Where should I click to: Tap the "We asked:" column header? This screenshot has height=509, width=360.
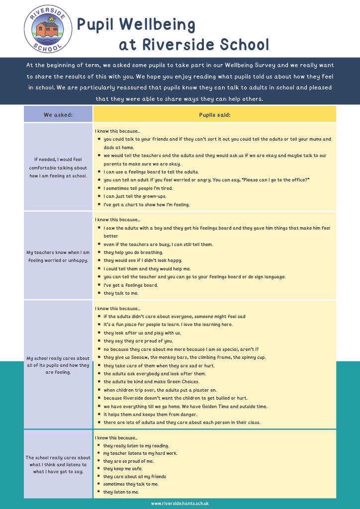(58, 115)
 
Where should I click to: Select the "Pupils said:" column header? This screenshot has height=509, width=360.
(214, 115)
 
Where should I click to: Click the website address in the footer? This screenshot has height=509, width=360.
(180, 503)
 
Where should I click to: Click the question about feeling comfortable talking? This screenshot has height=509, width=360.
(58, 168)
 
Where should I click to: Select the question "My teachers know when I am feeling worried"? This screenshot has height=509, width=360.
(58, 256)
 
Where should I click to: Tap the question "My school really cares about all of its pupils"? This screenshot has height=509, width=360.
(58, 365)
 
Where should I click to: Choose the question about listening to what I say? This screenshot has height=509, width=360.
(58, 464)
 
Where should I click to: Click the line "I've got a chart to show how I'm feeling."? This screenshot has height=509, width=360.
(147, 204)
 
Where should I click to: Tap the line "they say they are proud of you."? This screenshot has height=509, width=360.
(138, 341)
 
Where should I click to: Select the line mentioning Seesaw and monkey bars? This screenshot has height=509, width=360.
(184, 357)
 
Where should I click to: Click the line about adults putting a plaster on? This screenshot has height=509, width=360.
(167, 390)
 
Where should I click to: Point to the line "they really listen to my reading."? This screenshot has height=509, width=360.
(136, 446)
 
